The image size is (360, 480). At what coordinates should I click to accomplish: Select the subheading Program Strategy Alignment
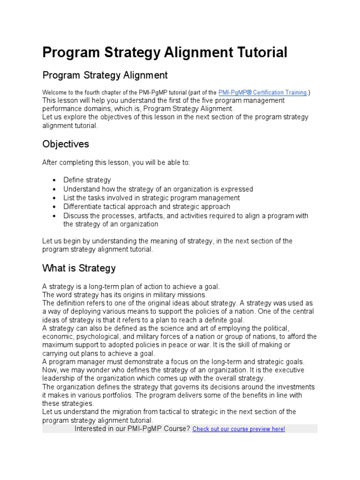[105, 75]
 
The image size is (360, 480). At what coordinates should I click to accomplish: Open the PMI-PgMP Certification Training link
[262, 93]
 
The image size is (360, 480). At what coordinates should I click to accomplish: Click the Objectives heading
[66, 143]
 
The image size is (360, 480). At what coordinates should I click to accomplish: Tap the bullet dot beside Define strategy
[55, 180]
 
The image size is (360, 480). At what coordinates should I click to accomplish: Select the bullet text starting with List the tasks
[151, 198]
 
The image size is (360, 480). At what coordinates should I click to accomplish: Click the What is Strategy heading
[79, 269]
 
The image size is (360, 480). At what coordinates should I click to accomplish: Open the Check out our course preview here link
[239, 429]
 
